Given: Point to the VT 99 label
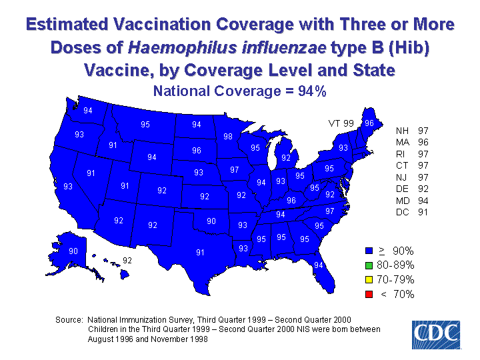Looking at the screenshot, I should coord(341,123).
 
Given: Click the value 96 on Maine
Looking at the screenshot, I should coord(369,123).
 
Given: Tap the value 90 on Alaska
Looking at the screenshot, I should coord(73,251).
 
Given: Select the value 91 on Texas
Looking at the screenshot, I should coord(200,252).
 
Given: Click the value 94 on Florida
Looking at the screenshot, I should coord(319,265).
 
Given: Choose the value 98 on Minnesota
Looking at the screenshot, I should coord(228,137).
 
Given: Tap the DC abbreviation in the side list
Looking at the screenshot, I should coord(403,213).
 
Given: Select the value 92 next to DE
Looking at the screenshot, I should coord(423,189).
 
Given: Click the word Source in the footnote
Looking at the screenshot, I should coord(69,320).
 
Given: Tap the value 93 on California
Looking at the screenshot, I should coord(67,187).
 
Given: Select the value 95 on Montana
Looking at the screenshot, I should coord(145,124).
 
